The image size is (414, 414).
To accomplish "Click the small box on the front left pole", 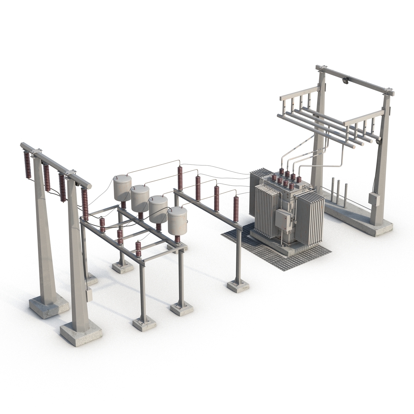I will tap(89, 294).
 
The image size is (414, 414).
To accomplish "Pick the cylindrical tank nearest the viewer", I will tap(177, 221).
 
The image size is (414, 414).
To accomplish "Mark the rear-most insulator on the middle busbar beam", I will tap(180, 178).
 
